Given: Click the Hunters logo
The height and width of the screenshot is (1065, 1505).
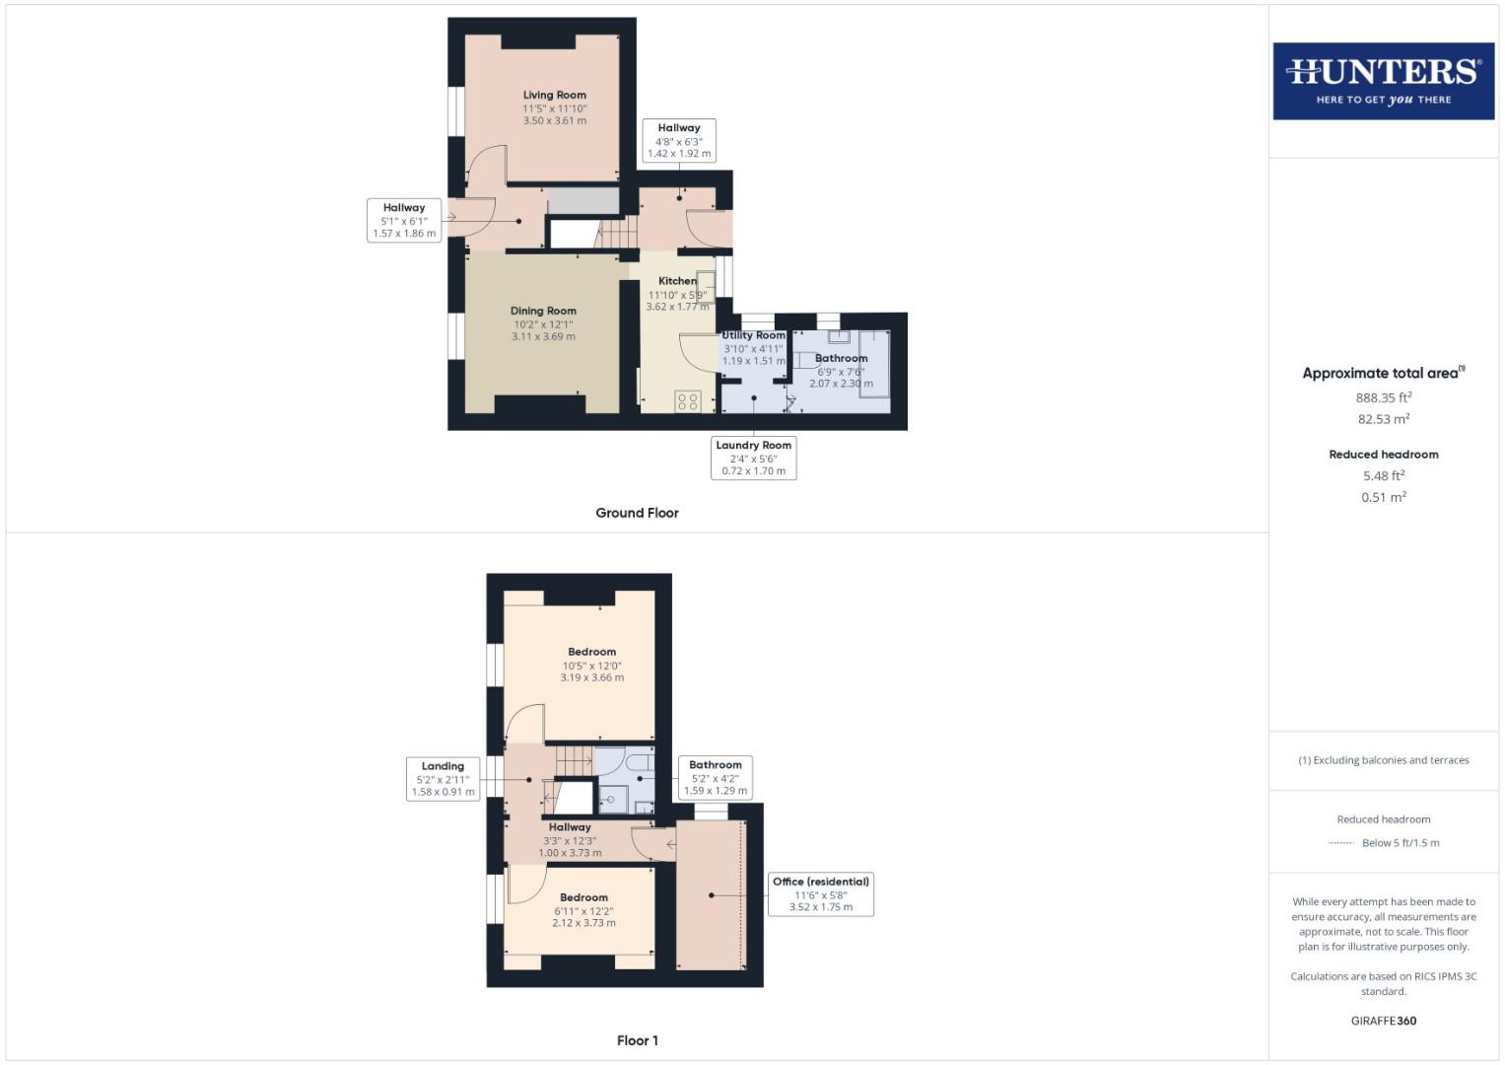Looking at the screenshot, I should click(x=1383, y=81).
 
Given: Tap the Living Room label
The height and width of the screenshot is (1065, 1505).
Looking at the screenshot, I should click(x=554, y=96).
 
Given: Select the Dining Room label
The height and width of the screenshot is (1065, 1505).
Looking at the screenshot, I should click(x=543, y=311).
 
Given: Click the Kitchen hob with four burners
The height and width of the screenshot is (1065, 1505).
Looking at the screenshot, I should click(x=688, y=401).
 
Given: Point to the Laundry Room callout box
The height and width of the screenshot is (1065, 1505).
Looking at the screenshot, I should click(x=753, y=458).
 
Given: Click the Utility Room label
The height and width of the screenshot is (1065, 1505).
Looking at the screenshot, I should click(x=754, y=335).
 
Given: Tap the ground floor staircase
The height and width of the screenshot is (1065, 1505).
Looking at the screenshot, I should click(x=612, y=234).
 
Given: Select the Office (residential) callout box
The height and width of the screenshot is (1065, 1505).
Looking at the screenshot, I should click(x=820, y=894).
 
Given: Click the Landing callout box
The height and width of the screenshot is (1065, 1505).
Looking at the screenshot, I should click(x=443, y=778).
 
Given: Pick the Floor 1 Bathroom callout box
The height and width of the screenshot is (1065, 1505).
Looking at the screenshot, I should click(x=715, y=777).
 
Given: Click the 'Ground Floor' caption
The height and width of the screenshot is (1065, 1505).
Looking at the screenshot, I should click(x=637, y=513).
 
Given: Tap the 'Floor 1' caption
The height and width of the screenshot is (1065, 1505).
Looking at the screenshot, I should click(x=637, y=1040).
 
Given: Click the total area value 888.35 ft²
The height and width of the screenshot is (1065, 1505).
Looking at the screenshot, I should click(x=1383, y=397).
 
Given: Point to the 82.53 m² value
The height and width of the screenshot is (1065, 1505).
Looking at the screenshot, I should click(x=1383, y=419).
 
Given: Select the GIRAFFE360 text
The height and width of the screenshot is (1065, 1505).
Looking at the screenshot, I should click(x=1383, y=1021).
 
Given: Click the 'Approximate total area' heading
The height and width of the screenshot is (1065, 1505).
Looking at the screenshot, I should click(x=1383, y=373).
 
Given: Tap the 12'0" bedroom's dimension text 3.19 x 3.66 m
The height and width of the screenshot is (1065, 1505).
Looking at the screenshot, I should click(x=591, y=677).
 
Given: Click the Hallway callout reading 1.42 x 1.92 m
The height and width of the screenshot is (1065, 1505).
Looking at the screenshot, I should click(x=678, y=141).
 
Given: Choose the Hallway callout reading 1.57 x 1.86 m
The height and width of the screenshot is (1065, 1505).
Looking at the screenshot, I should click(x=403, y=221).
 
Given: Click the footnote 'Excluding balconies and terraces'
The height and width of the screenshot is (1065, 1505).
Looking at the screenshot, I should click(x=1383, y=760).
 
